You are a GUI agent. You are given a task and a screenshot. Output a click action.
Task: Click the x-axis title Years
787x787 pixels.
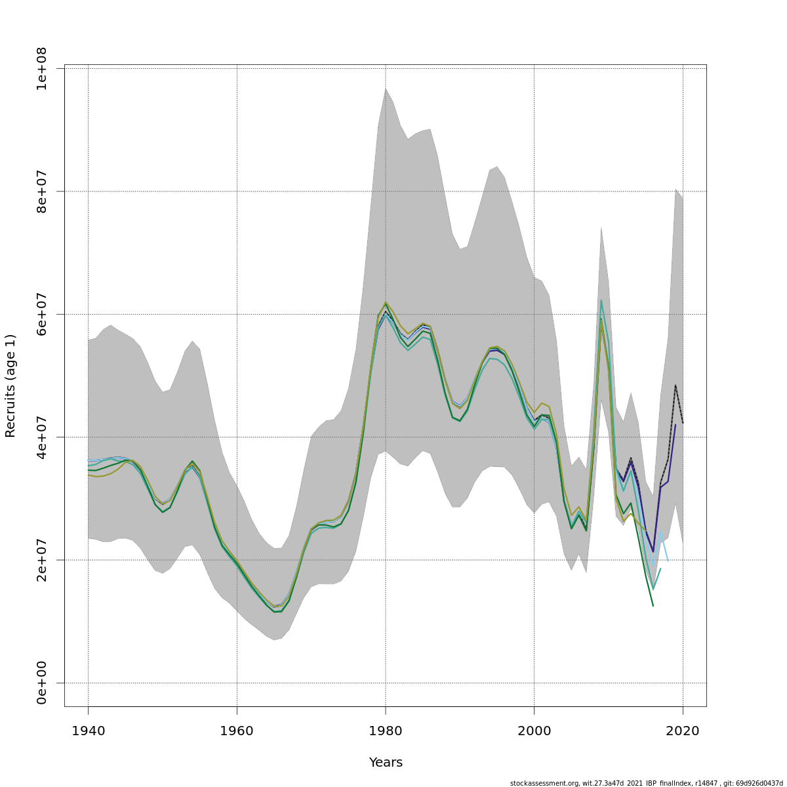386,763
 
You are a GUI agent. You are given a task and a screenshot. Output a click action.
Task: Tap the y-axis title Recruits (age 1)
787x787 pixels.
10,386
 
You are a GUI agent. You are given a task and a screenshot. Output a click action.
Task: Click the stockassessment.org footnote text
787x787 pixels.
646,783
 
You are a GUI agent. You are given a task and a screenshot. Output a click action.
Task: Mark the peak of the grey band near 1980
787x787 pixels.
386,88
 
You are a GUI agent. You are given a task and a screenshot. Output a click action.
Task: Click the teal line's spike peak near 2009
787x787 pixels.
601,300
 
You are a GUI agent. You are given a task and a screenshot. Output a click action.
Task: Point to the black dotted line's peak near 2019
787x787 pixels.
676,385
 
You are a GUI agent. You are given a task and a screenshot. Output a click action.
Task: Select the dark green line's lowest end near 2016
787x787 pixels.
653,605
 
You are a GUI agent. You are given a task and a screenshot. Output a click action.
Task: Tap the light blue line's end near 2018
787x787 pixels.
668,561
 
